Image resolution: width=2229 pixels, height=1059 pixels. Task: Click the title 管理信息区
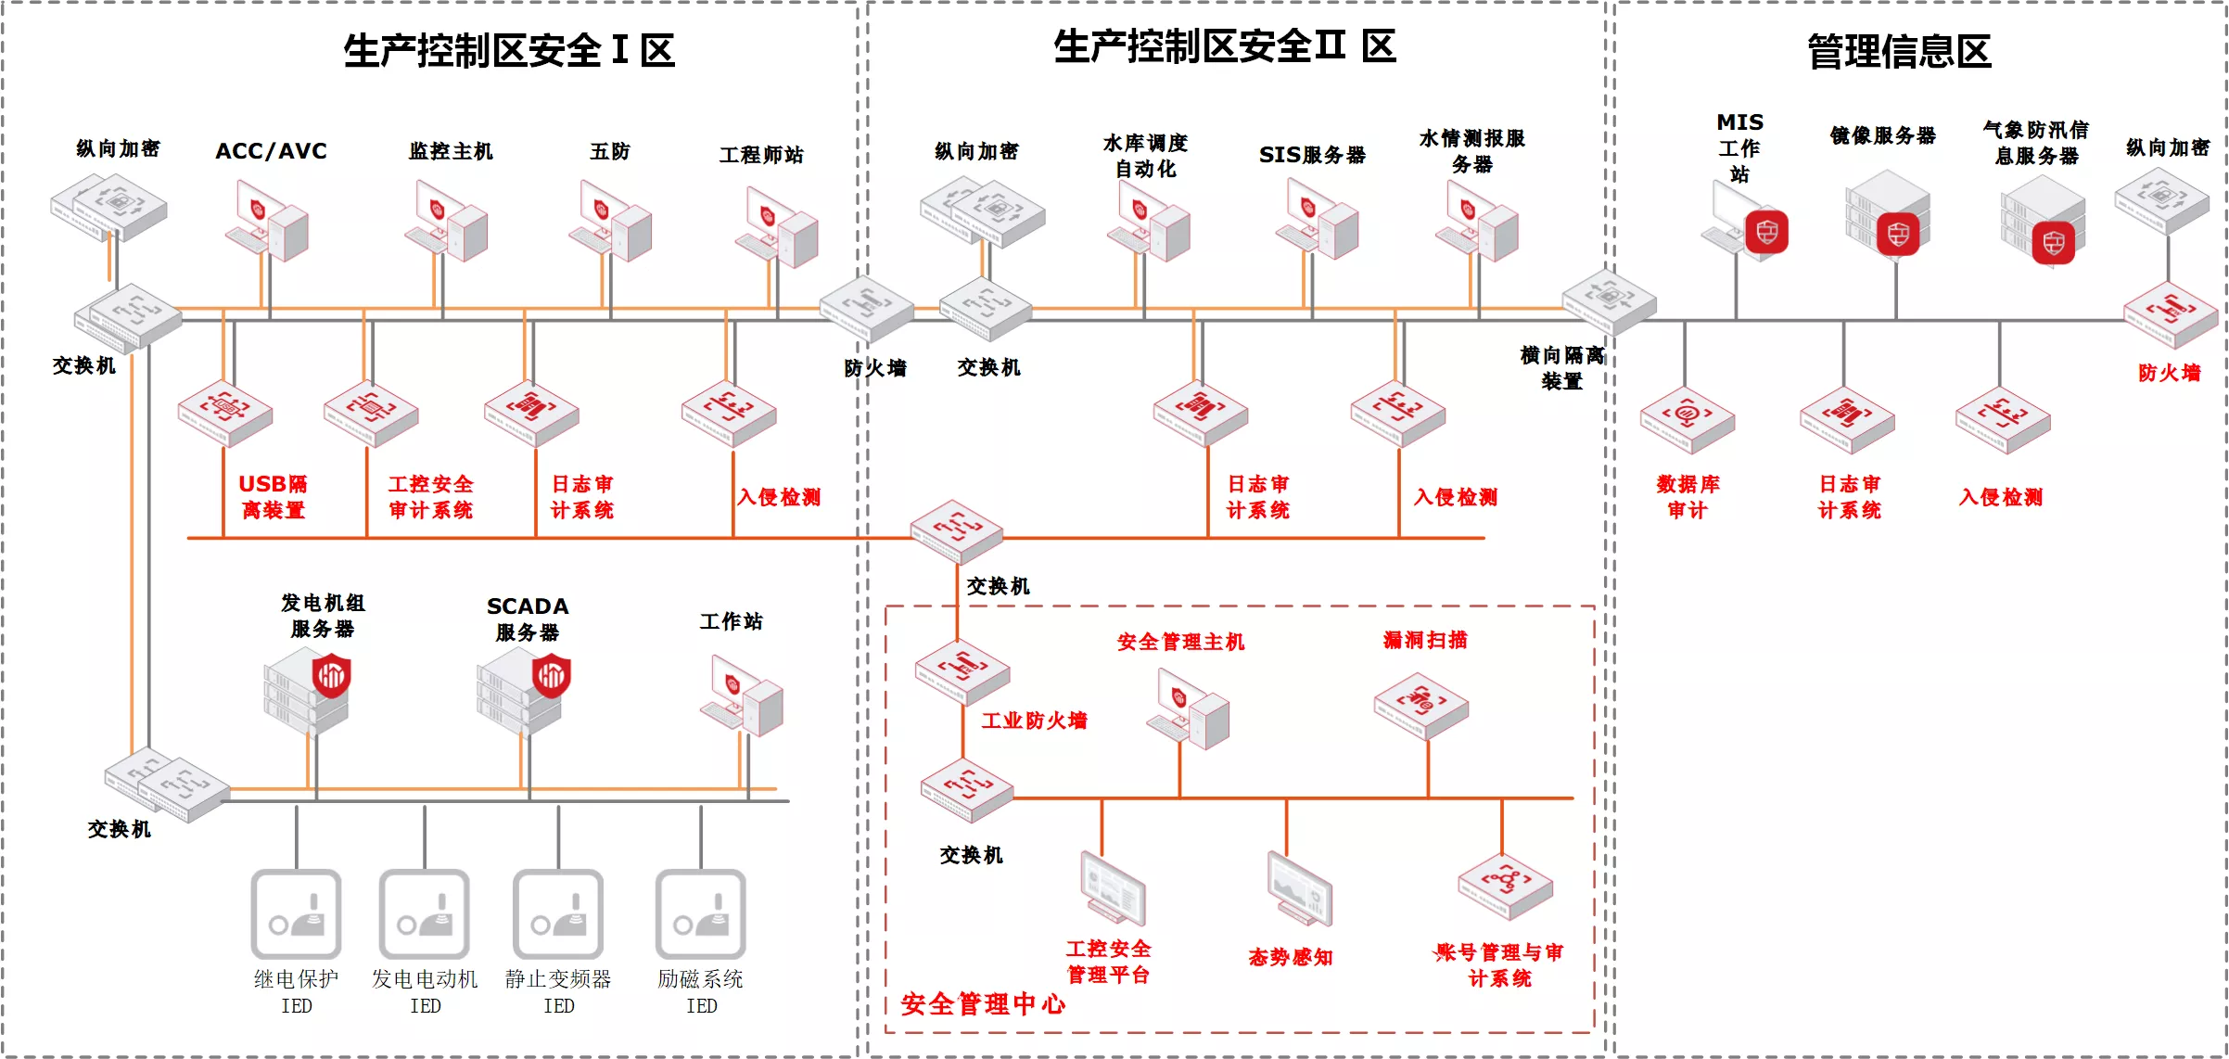(x=1899, y=51)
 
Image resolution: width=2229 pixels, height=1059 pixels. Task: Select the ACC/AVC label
(x=271, y=151)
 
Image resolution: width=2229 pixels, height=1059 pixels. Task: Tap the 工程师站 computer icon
(x=777, y=227)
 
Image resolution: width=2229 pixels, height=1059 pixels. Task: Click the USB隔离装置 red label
(x=273, y=497)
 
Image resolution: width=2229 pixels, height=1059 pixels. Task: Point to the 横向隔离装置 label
(x=1562, y=368)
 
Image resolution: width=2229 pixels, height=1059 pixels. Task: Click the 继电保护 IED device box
(x=296, y=914)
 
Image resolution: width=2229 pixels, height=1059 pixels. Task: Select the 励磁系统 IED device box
(x=701, y=914)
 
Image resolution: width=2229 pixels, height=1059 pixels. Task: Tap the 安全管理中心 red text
(x=983, y=1004)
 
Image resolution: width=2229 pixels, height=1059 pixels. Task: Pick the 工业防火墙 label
(x=1035, y=721)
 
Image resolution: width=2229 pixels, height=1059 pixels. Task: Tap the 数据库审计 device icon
(x=1687, y=420)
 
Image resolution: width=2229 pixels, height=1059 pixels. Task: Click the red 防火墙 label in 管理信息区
(x=2170, y=373)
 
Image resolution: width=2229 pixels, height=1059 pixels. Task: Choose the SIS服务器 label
(x=1312, y=155)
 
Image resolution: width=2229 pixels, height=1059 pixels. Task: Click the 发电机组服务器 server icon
(x=308, y=691)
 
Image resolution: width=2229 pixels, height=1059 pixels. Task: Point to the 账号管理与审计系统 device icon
(x=1505, y=886)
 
